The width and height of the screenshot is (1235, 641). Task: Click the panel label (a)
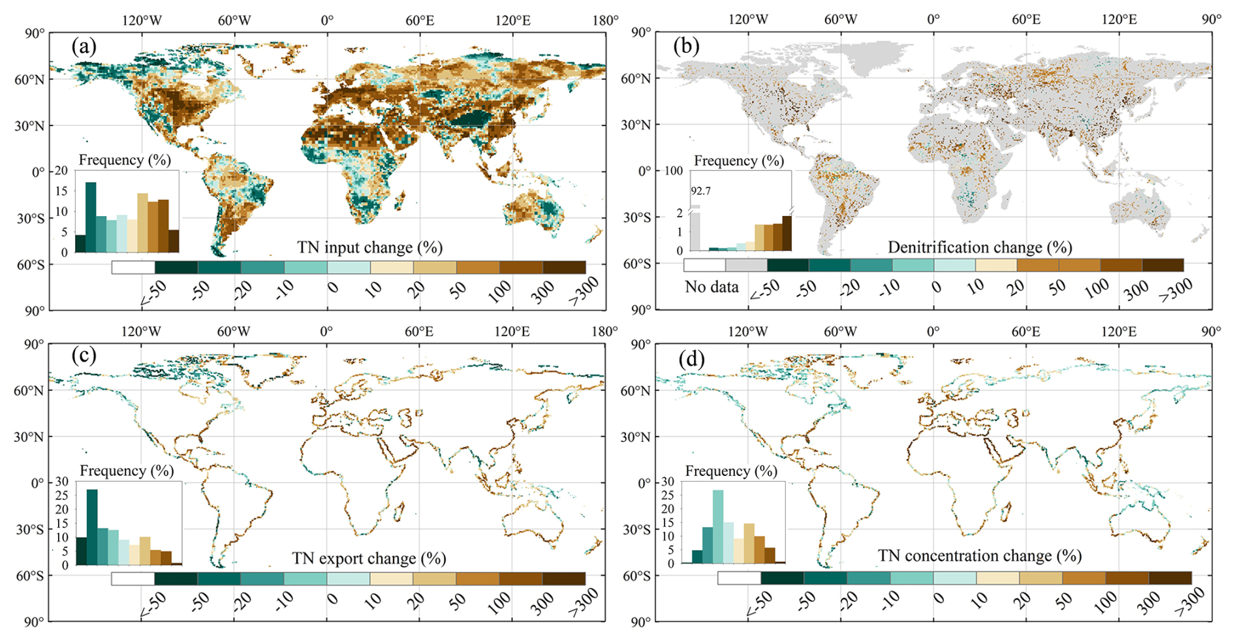[x=84, y=46]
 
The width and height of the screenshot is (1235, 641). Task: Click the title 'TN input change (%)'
[x=369, y=247]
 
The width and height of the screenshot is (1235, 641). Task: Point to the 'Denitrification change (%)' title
[x=980, y=247]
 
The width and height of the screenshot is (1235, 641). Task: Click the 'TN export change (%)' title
[x=369, y=558]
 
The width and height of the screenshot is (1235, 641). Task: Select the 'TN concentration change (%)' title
[x=979, y=555]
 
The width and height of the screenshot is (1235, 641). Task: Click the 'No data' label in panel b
[x=711, y=287]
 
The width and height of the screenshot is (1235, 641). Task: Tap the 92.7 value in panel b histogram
[x=701, y=191]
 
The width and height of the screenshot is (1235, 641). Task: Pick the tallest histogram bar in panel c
[x=92, y=526]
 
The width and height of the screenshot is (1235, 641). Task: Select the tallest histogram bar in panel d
[x=718, y=526]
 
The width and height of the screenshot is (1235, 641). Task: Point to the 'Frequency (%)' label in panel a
[x=125, y=160]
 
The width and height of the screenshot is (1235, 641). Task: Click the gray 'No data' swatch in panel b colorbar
[x=746, y=265]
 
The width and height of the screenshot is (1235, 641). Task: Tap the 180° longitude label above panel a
[x=605, y=20]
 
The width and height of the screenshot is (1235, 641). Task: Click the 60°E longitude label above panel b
[x=1026, y=20]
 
